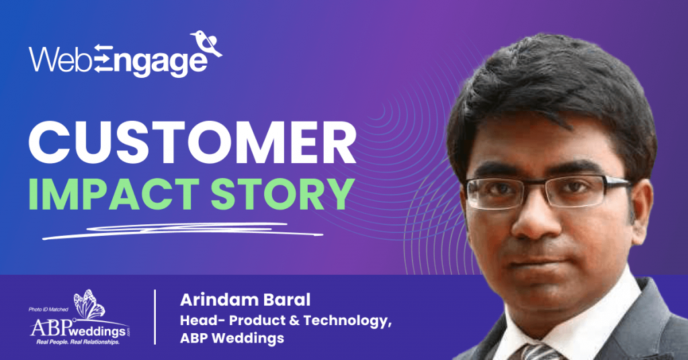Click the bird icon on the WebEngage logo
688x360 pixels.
[x=206, y=44]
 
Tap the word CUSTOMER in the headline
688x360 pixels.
[x=192, y=142]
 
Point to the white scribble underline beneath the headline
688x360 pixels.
[x=183, y=230]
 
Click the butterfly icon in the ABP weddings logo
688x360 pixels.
[x=89, y=304]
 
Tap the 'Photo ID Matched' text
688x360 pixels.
[x=48, y=309]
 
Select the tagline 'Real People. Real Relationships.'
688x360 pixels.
[x=78, y=342]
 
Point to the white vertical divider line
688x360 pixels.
[x=155, y=317]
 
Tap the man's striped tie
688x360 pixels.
[x=538, y=352]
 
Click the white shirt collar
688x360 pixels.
[x=570, y=322]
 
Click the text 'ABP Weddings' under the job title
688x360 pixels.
[x=232, y=339]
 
